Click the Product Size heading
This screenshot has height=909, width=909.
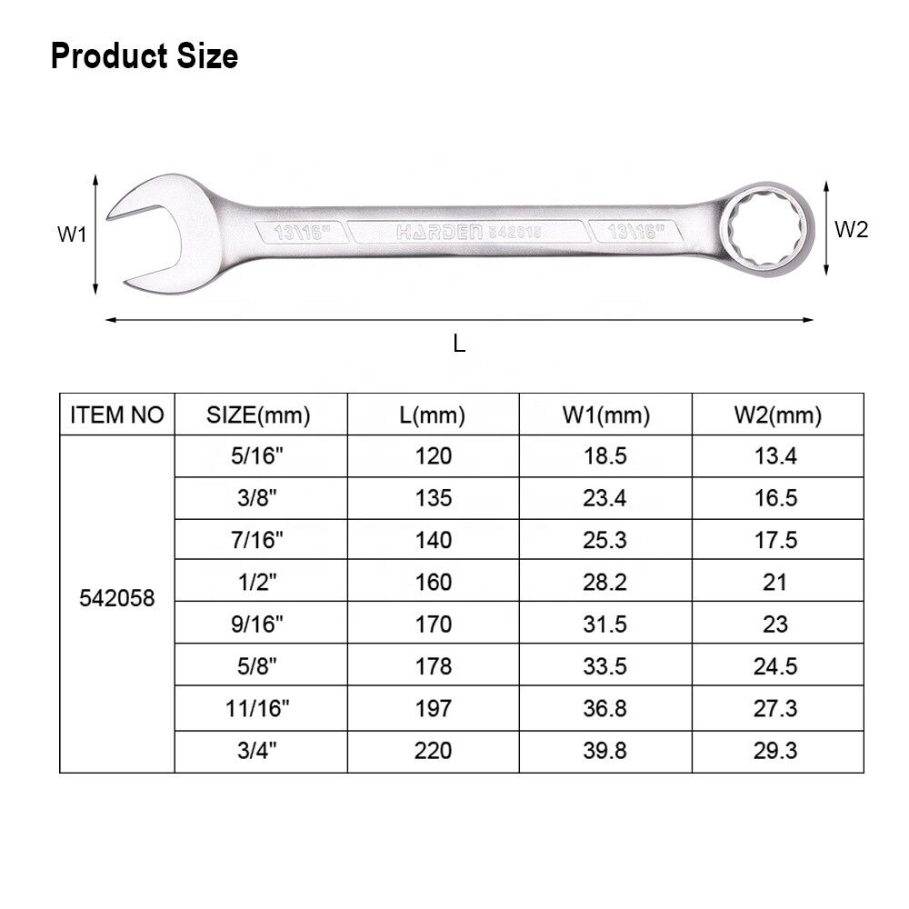tap(145, 56)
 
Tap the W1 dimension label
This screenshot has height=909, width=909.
tap(72, 235)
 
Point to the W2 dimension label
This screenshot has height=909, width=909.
tap(851, 230)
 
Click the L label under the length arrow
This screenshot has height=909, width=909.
tap(459, 344)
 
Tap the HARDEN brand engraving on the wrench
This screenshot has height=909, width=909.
tap(439, 233)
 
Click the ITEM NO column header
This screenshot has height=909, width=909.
tap(117, 415)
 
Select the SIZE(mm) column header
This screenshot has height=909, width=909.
tap(258, 415)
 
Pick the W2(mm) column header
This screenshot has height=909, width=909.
tap(778, 415)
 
